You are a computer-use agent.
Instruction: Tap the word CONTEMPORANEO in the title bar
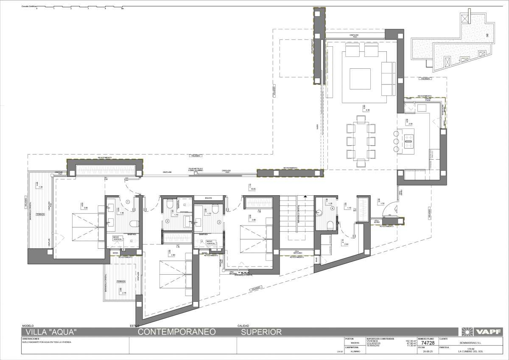[178, 332]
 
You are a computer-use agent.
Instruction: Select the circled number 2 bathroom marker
[167, 222]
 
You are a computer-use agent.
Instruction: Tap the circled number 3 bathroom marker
[219, 222]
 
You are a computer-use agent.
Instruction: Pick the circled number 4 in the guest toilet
[333, 208]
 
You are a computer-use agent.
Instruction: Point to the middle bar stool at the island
[395, 141]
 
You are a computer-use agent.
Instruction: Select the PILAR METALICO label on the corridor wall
[196, 170]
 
